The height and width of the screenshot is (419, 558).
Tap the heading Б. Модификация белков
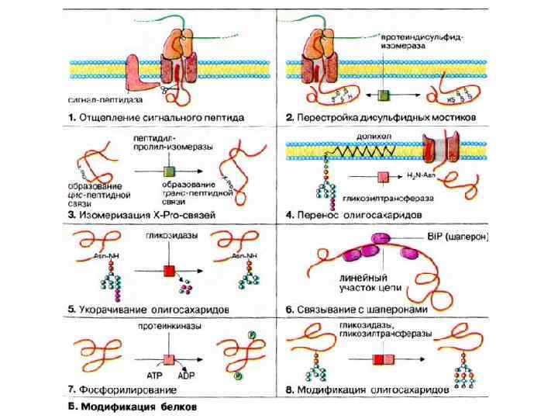[132, 407]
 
